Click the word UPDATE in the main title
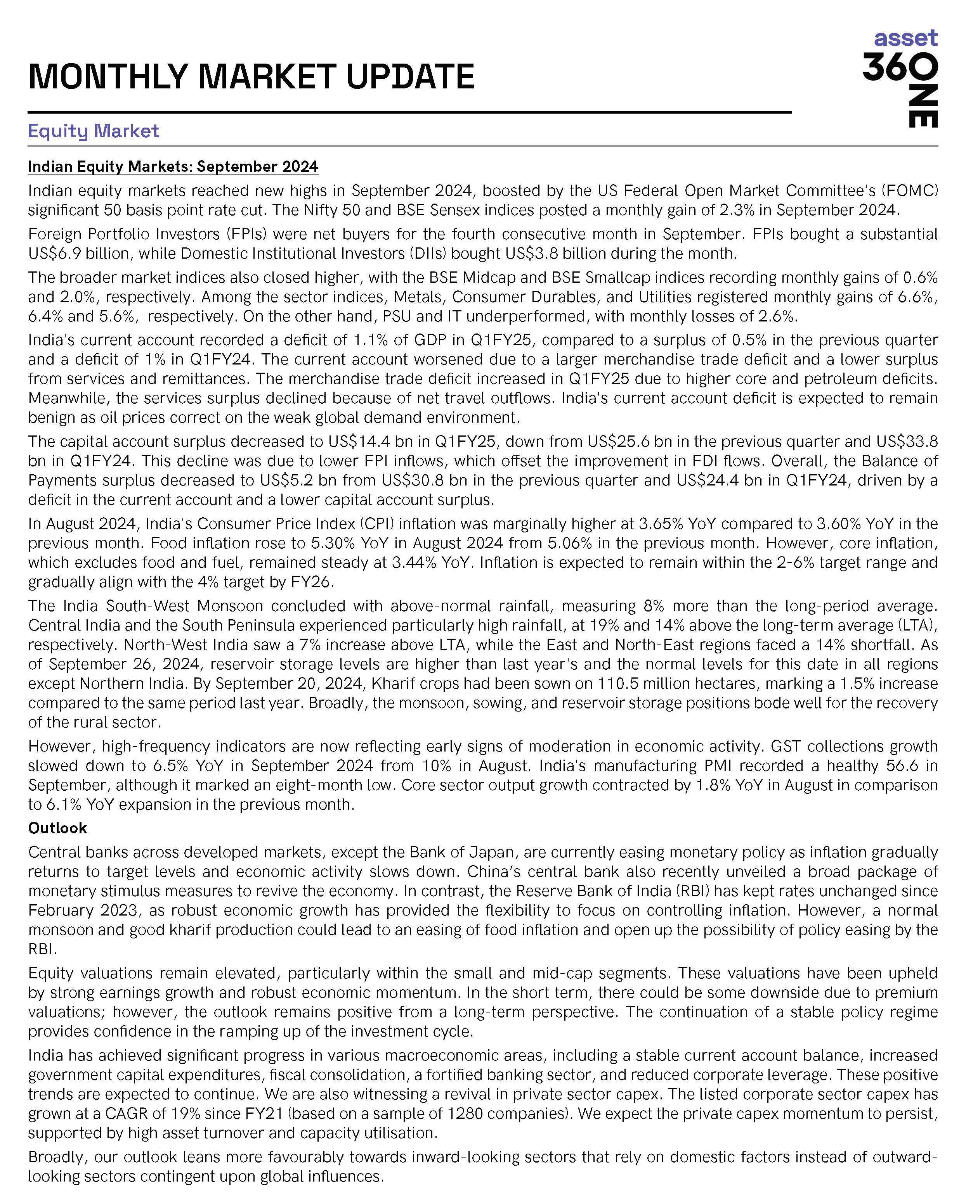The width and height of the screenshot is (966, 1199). click(x=410, y=77)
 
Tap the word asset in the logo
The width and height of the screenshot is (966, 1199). click(x=905, y=38)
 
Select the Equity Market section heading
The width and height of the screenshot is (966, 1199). click(x=94, y=131)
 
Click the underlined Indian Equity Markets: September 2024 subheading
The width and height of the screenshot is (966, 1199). click(x=173, y=166)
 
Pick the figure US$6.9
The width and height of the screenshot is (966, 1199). click(x=55, y=254)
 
